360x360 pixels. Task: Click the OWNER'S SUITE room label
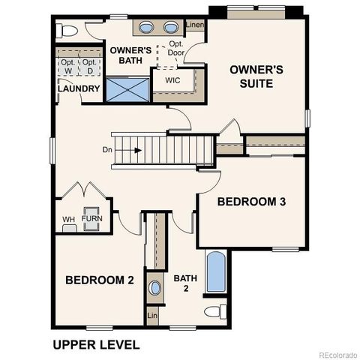[x=256, y=76]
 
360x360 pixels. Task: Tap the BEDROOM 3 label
[x=251, y=202]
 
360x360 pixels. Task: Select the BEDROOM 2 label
[x=99, y=280]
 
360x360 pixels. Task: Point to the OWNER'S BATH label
[x=131, y=55]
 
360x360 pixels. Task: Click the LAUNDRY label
[x=79, y=89]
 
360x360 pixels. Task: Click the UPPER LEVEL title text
[x=95, y=345]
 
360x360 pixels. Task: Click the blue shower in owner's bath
[x=127, y=88]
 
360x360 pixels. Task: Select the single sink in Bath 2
[x=155, y=288]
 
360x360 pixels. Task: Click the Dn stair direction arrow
[x=137, y=149]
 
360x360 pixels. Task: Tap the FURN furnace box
[x=92, y=218]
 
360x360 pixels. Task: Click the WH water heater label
[x=68, y=219]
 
